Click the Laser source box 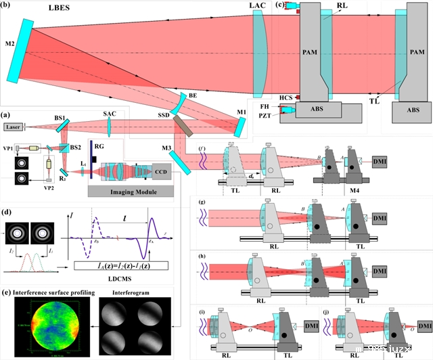point(13,127)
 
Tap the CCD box point(163,173)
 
